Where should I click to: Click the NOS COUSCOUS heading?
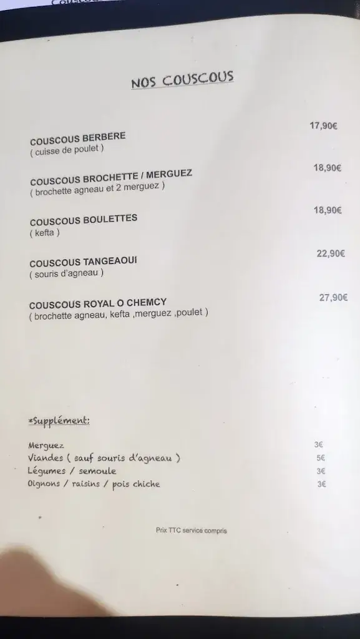pos(182,80)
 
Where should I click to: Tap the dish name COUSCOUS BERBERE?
pos(77,138)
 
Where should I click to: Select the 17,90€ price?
pos(323,125)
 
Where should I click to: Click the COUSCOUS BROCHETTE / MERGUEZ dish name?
pos(111,177)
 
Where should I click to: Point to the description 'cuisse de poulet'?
pos(66,150)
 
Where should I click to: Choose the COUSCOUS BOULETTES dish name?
pos(83,220)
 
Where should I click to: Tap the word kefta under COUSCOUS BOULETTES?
pos(44,233)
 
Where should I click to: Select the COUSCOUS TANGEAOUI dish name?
pos(83,262)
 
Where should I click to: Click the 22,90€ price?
pos(330,253)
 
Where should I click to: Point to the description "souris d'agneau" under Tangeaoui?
pos(66,273)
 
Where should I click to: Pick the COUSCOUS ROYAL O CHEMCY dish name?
pos(97,304)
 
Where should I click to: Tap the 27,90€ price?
pos(333,298)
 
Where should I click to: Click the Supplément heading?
pos(59,420)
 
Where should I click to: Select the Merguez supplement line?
pos(46,446)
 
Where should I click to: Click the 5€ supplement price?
pos(320,458)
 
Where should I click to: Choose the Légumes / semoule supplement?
pos(72,471)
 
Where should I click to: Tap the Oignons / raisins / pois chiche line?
pos(94,484)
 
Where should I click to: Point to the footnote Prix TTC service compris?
pos(192,531)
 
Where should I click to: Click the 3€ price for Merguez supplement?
pos(319,446)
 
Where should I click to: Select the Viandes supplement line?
pos(104,459)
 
